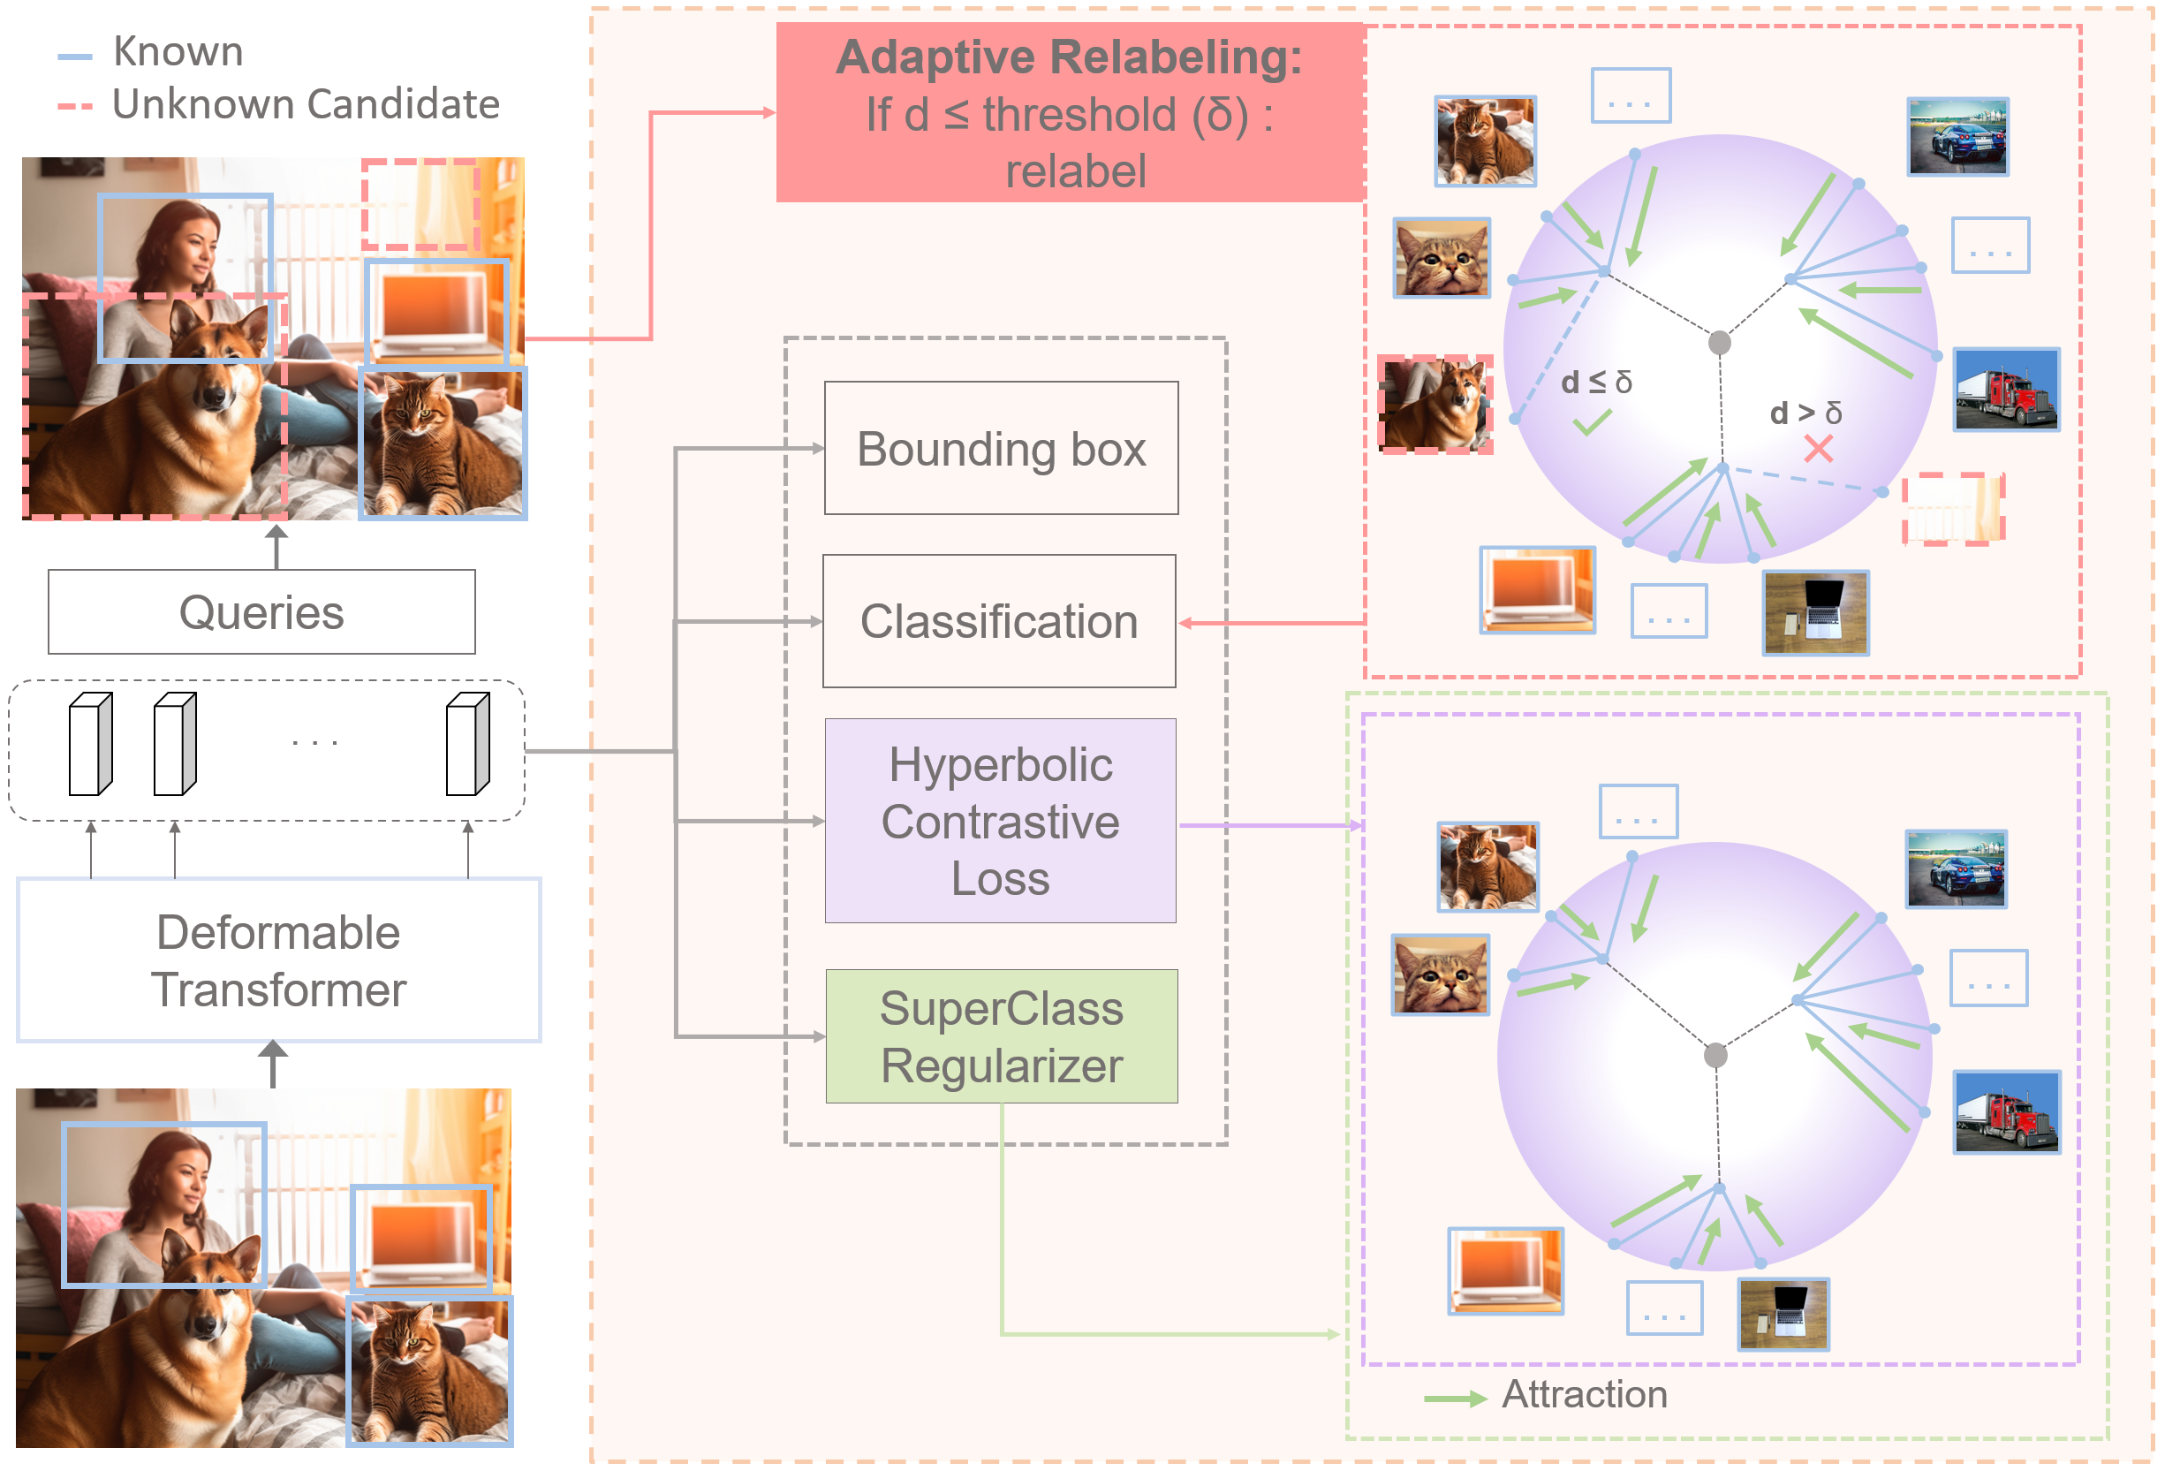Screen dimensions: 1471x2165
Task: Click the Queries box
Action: pos(261,612)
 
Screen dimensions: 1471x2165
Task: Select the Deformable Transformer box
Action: pos(278,959)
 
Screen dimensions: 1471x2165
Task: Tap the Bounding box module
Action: pos(1001,448)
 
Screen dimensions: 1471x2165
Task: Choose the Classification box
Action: pos(999,621)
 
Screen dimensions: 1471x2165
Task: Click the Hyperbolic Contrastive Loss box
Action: pos(1000,821)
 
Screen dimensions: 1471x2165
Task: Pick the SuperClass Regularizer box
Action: pos(1002,1036)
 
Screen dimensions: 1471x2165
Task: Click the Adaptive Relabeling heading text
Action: pos(1069,57)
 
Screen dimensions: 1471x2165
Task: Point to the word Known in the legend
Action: pos(178,52)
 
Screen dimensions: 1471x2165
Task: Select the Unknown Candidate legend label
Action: pos(306,104)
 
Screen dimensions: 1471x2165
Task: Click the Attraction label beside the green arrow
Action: pos(1584,1395)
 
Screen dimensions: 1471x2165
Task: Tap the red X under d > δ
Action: pos(1818,449)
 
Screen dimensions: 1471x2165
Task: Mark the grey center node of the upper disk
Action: pos(1720,343)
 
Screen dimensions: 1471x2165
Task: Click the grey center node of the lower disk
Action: pos(1715,1056)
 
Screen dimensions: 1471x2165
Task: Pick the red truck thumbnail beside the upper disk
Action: pos(2006,390)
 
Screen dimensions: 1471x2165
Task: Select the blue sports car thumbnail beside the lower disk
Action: pos(1956,869)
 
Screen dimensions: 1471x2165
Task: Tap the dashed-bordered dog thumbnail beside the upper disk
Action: pos(1435,405)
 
